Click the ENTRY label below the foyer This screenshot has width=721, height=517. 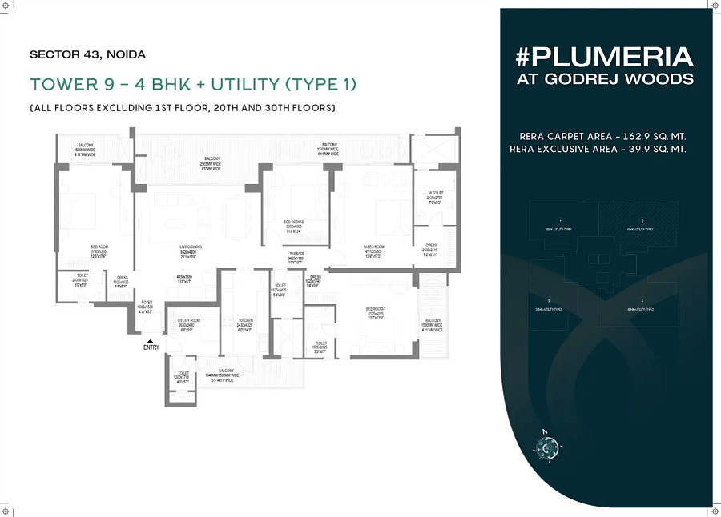(x=151, y=347)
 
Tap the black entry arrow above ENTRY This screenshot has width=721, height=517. (x=150, y=341)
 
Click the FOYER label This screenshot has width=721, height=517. (x=144, y=305)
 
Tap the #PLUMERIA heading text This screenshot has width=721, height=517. (x=605, y=58)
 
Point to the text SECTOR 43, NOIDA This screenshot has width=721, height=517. (x=87, y=55)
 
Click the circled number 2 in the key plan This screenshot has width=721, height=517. (x=642, y=220)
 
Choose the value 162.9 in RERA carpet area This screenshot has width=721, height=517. (x=641, y=137)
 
